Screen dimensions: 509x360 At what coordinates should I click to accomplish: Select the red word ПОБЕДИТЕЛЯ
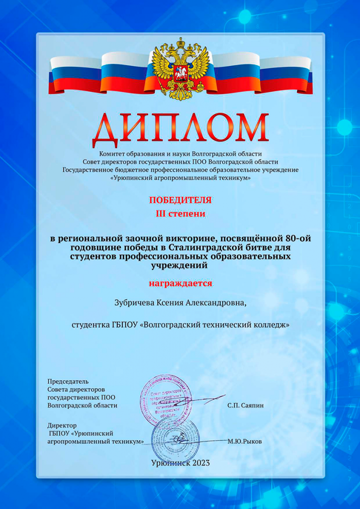(x=180, y=200)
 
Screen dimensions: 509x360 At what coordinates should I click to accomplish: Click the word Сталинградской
(x=204, y=247)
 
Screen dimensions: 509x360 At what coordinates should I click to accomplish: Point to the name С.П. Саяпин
(x=246, y=405)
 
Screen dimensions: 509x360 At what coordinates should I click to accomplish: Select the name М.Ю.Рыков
(x=245, y=441)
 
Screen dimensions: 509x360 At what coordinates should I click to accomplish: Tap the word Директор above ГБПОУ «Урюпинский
(x=63, y=425)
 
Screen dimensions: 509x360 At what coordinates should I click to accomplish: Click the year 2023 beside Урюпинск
(x=199, y=463)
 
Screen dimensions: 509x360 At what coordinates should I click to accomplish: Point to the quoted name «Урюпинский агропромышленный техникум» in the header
(x=180, y=178)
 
